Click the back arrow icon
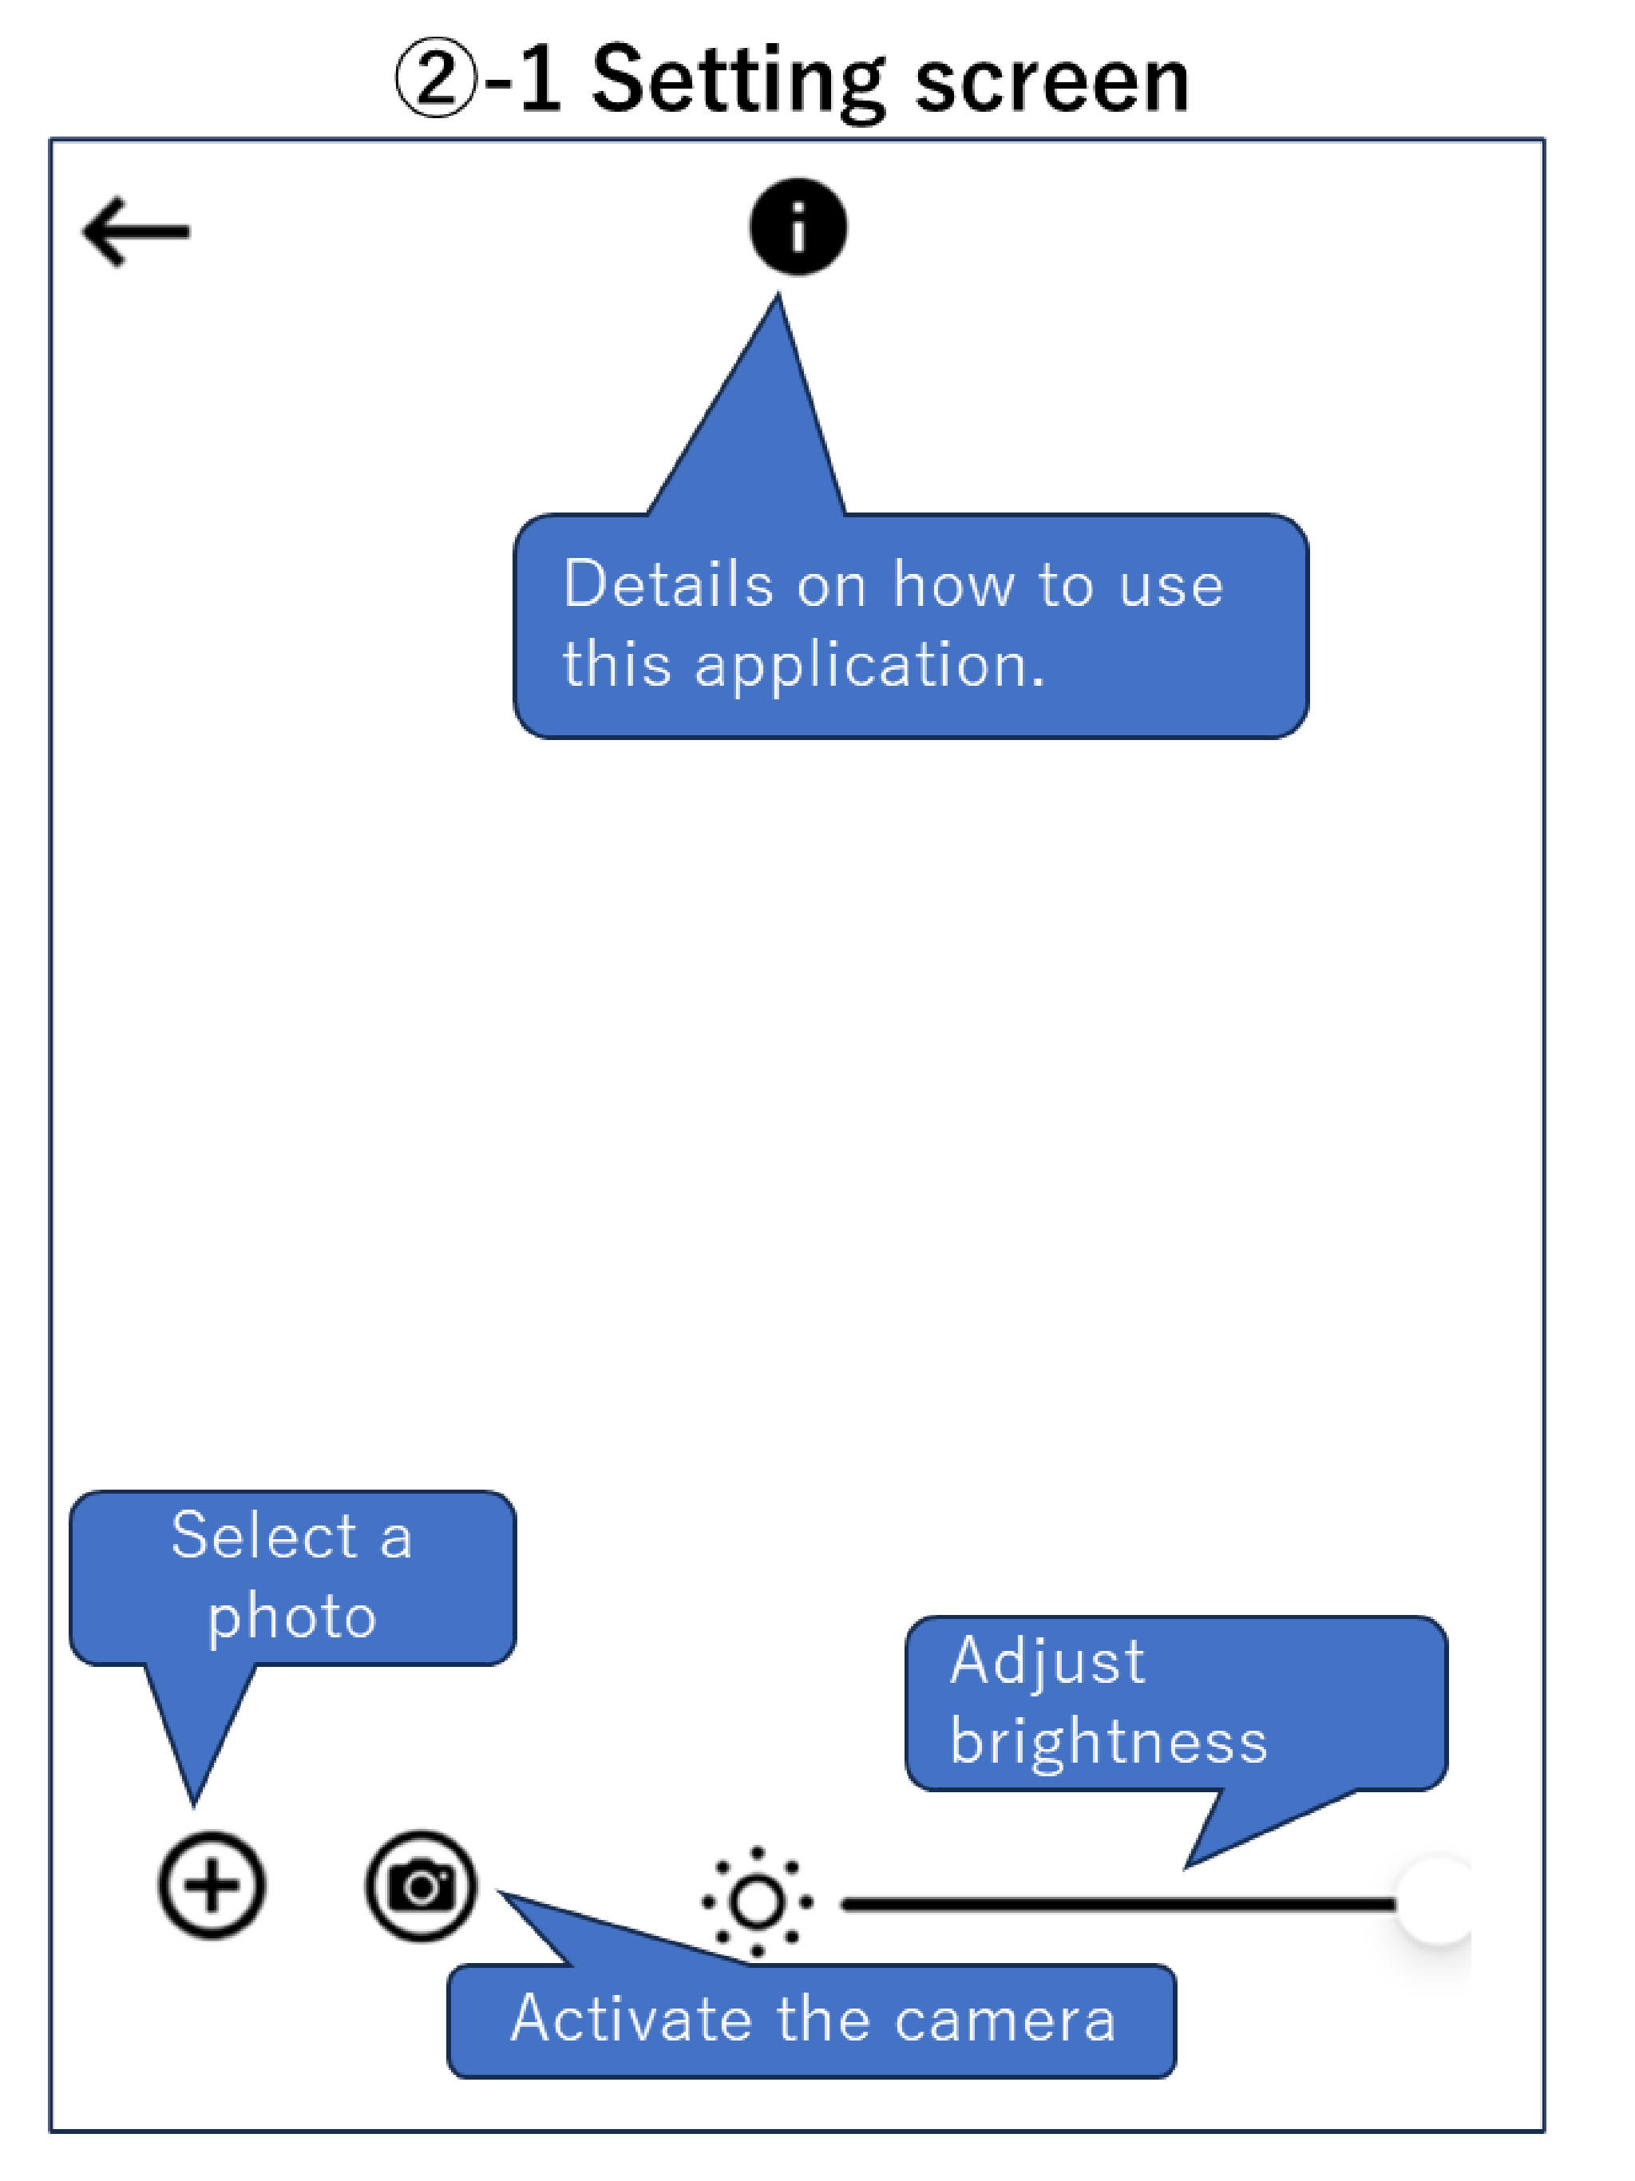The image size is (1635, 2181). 136,232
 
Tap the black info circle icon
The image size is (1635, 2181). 798,226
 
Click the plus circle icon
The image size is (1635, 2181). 212,1884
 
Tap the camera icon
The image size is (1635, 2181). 421,1885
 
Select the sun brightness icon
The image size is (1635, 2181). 758,1902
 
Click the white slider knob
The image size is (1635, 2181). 1435,1900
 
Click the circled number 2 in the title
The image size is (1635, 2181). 435,80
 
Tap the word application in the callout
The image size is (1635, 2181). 869,667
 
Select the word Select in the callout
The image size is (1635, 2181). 263,1535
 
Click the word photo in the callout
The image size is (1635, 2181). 292,1617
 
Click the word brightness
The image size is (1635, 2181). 1108,1741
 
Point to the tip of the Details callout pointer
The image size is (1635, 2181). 778,295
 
